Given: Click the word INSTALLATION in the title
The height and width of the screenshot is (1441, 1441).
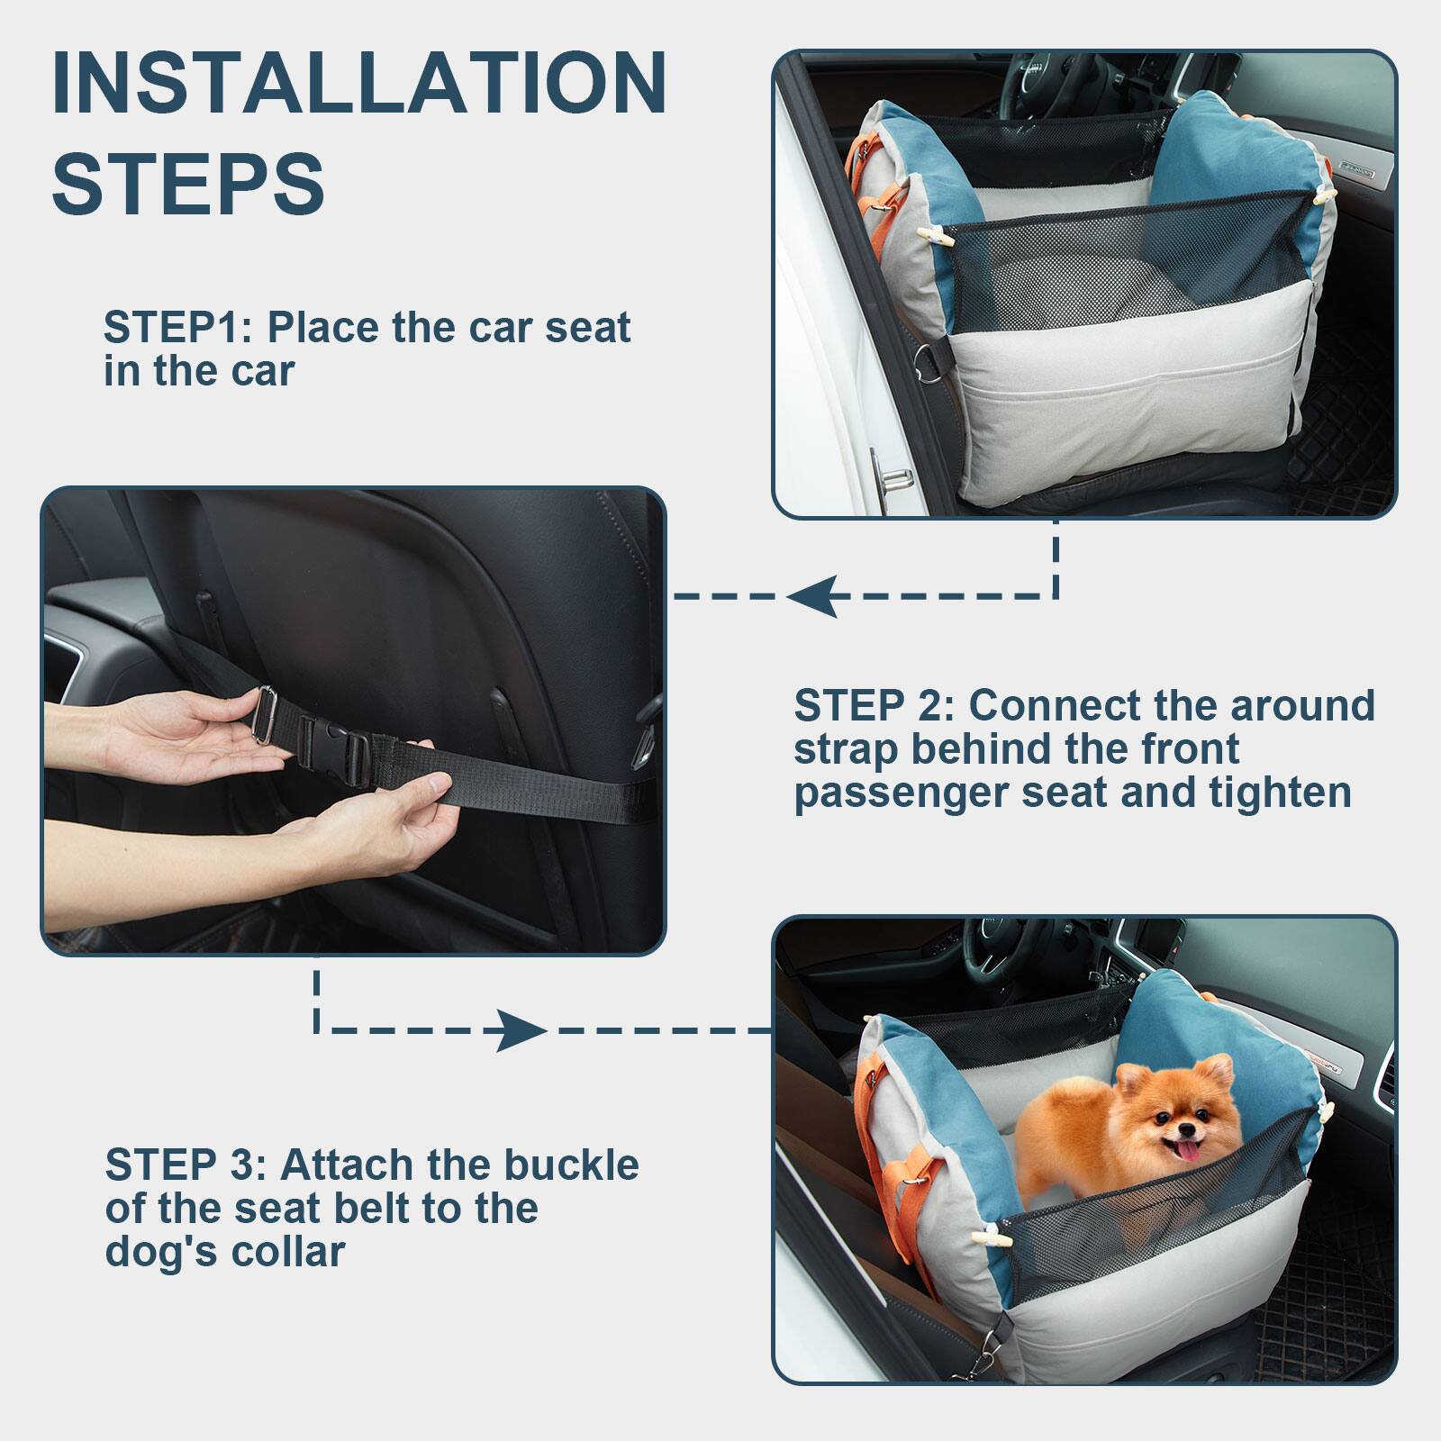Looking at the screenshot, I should pos(359,84).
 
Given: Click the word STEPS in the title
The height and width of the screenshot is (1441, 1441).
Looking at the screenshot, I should pos(187,183).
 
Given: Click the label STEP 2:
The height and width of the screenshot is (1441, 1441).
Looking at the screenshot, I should pos(873,706).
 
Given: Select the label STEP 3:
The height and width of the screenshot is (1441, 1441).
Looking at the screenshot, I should pos(186,1165).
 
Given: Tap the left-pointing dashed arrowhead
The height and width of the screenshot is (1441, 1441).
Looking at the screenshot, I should pos(812,596).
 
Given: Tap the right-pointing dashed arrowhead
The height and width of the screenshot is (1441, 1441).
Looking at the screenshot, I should pos(521,1030).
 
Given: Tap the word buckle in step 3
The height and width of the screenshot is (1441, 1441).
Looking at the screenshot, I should pos(571,1165).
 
